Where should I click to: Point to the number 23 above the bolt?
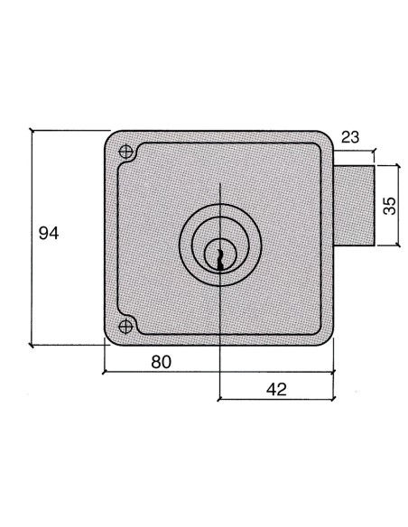click(x=352, y=138)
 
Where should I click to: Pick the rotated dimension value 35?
click(x=389, y=204)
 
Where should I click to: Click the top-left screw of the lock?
click(x=125, y=151)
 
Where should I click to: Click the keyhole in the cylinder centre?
click(x=219, y=256)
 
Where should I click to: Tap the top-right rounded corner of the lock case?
click(x=328, y=142)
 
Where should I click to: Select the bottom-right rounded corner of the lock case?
click(x=327, y=336)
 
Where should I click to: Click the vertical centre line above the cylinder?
click(x=219, y=199)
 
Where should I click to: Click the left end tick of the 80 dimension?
click(x=105, y=371)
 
